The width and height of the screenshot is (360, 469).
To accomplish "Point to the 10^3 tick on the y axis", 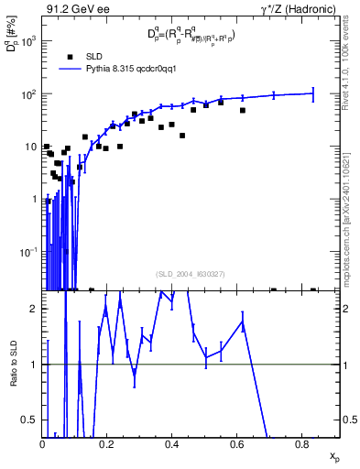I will (29, 41).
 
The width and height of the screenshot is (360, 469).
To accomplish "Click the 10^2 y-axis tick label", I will (29, 93).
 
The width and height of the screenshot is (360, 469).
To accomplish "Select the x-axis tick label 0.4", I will (171, 444).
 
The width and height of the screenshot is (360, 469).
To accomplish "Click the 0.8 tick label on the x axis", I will (301, 444).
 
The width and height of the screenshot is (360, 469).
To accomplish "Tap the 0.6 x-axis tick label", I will (236, 444).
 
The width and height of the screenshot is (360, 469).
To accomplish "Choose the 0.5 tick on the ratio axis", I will (32, 420).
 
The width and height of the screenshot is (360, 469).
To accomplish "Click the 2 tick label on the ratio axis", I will (36, 309).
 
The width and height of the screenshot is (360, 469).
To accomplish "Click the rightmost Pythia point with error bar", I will (313, 93).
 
